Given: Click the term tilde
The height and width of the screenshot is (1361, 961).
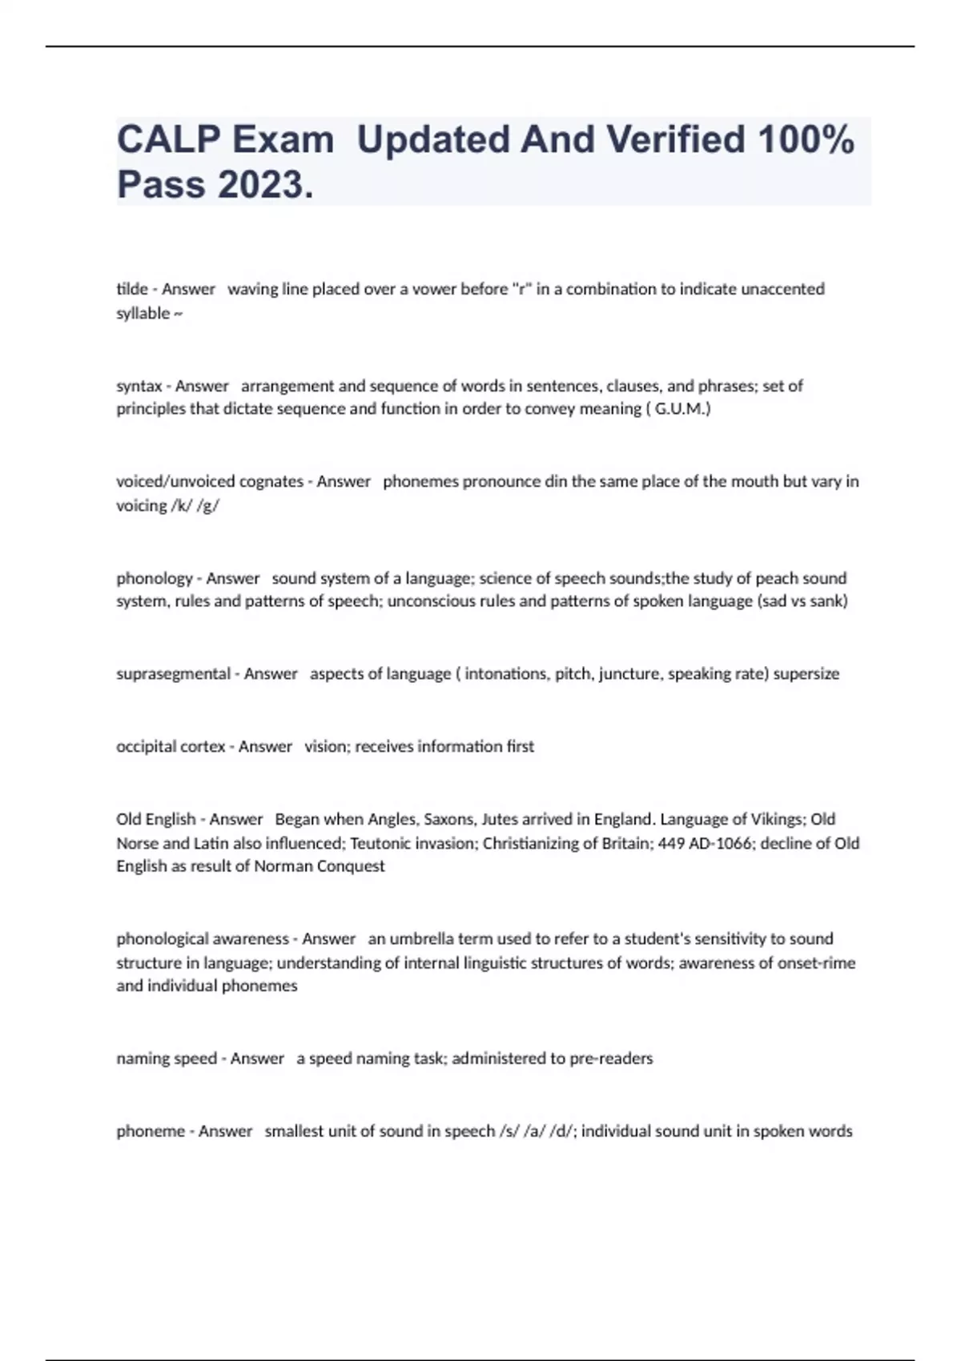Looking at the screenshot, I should coord(132,289).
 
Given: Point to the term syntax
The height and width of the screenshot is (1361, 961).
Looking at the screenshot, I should coord(139,386).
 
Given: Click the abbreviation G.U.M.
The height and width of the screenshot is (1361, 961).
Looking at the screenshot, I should coord(680,409).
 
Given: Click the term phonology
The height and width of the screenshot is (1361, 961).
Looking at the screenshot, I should coord(155,578).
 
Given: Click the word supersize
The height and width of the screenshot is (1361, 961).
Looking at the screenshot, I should coord(806,674).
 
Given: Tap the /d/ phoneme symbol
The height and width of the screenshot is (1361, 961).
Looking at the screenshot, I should coord(562,1131).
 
